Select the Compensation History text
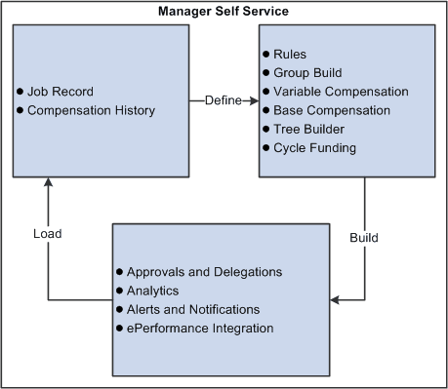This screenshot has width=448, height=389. point(91,110)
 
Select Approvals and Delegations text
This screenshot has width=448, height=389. point(205,272)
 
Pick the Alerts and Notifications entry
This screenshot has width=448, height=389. point(194,309)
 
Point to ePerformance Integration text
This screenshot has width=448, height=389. point(200,329)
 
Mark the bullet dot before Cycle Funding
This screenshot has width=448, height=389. point(265,147)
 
